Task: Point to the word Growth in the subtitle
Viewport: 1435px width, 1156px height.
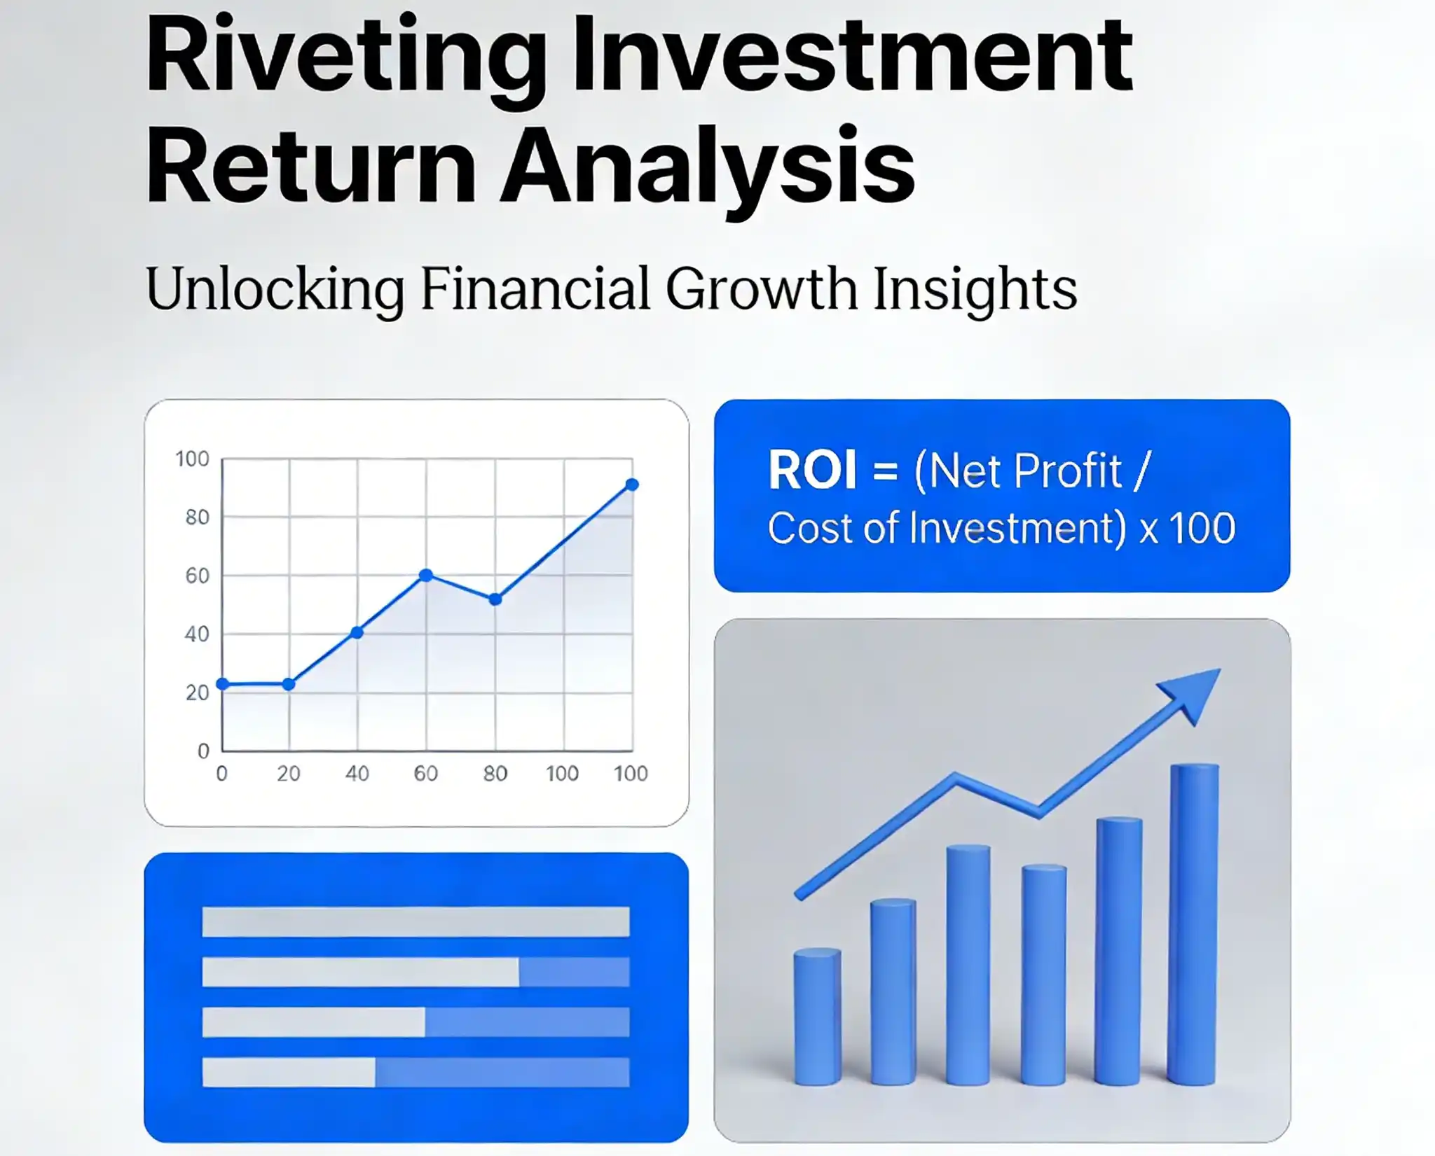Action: (x=761, y=288)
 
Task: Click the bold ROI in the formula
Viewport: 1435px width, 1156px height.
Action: (x=812, y=470)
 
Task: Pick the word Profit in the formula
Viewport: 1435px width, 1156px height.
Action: (x=1068, y=470)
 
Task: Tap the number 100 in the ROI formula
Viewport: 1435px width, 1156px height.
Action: (x=1202, y=528)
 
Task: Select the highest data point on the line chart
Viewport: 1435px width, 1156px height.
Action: (x=631, y=485)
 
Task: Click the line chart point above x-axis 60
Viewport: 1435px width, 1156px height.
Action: (x=425, y=575)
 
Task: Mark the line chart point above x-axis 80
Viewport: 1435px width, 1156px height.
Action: (x=495, y=599)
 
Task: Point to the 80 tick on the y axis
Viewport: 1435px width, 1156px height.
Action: (x=197, y=517)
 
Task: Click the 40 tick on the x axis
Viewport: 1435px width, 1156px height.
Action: (x=357, y=774)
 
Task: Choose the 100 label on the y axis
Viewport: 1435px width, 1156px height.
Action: (x=192, y=459)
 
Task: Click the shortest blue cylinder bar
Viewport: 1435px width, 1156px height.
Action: (x=817, y=1015)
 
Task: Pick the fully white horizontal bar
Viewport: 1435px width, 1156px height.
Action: (x=416, y=921)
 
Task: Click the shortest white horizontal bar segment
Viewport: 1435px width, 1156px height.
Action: (x=289, y=1072)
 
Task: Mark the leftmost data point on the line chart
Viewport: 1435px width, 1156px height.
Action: (x=223, y=684)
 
